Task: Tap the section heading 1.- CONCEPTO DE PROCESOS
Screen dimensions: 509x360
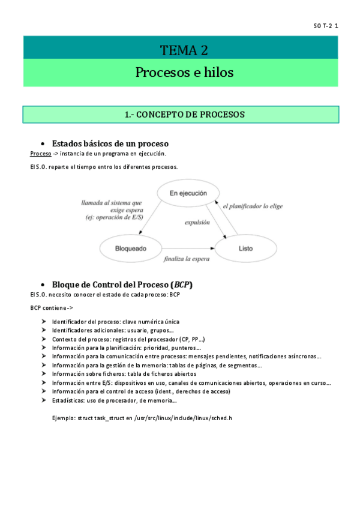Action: click(180, 114)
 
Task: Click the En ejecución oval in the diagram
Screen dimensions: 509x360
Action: click(188, 193)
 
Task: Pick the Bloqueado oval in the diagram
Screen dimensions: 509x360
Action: click(130, 247)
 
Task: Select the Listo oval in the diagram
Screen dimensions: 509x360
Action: click(245, 247)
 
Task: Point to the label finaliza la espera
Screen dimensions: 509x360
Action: click(187, 259)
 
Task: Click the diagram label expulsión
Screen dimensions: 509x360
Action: click(196, 222)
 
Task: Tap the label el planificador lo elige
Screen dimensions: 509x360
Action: click(252, 206)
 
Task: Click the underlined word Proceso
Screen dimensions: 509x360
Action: click(40, 154)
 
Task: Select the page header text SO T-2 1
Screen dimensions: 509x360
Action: click(326, 26)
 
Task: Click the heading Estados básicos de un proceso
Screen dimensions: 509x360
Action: click(110, 143)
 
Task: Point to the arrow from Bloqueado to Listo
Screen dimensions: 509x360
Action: click(187, 247)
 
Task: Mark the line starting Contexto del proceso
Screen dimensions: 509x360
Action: click(128, 339)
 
